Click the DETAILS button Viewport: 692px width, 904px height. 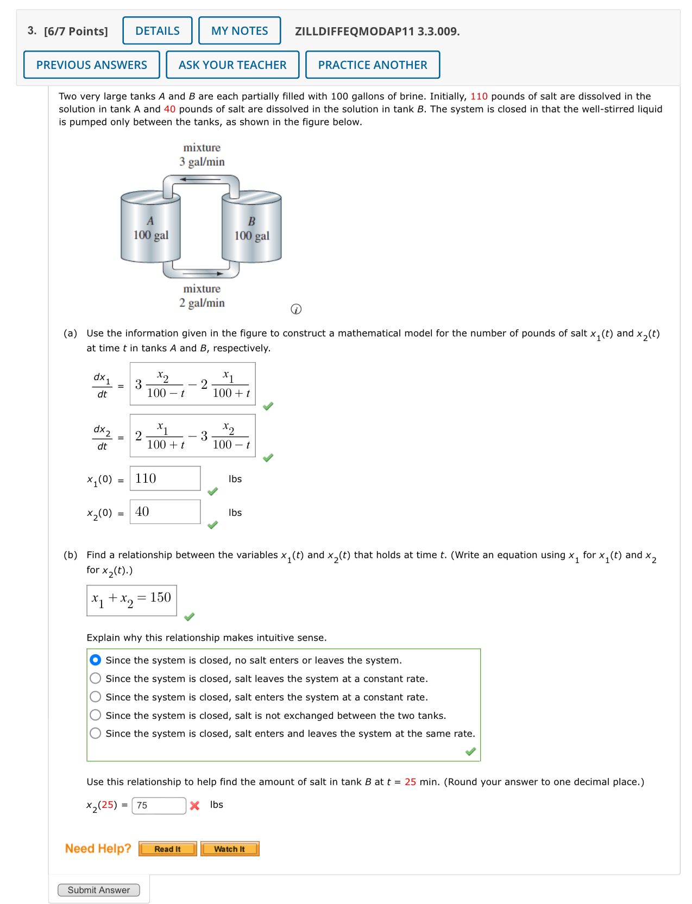(157, 31)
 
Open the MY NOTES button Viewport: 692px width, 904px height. (240, 31)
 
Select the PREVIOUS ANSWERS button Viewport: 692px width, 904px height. (91, 65)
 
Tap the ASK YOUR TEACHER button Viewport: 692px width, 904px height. (232, 65)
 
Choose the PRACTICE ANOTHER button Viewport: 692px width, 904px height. (373, 65)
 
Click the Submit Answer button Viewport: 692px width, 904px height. (98, 890)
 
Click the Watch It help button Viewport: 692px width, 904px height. (229, 849)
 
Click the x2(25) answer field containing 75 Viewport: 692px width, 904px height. (159, 805)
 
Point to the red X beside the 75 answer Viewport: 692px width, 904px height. (195, 806)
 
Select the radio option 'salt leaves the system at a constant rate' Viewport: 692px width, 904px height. (96, 678)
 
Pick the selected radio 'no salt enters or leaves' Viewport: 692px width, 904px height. (96, 660)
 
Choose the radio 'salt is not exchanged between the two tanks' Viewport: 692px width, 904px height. (96, 715)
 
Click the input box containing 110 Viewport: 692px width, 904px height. (165, 478)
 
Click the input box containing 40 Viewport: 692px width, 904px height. (165, 511)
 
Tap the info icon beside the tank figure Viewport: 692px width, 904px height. (296, 309)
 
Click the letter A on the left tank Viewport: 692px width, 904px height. (150, 221)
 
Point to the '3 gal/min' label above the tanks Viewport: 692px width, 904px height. (202, 162)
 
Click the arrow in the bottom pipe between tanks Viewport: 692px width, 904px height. (202, 273)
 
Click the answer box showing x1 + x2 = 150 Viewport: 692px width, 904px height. (131, 600)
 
